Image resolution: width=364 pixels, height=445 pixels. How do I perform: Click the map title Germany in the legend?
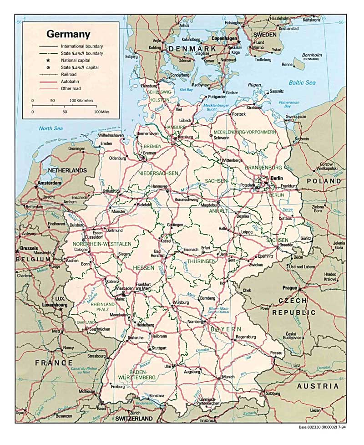(68, 35)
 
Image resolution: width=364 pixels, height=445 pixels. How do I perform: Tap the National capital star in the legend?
(48, 61)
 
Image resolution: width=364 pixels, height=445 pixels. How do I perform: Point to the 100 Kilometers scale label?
(81, 100)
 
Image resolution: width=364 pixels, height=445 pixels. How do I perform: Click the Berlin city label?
(277, 178)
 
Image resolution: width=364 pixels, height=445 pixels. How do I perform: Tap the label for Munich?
(229, 377)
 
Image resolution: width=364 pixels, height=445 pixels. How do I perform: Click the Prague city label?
(289, 288)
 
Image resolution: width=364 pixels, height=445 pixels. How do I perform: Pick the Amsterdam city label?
(50, 183)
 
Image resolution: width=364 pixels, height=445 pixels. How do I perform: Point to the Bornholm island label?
(312, 55)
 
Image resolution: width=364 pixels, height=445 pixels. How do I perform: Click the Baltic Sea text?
(302, 82)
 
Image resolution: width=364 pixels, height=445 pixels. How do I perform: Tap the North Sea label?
(51, 128)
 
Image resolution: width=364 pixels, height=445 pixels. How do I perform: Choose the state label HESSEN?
(144, 268)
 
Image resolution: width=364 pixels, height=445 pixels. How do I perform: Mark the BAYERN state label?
(225, 329)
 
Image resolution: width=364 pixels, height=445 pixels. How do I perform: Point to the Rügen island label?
(254, 85)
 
